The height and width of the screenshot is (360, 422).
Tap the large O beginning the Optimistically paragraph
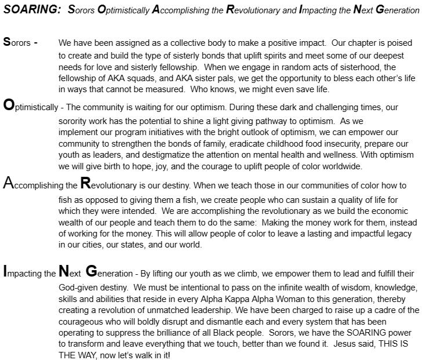[9, 106]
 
